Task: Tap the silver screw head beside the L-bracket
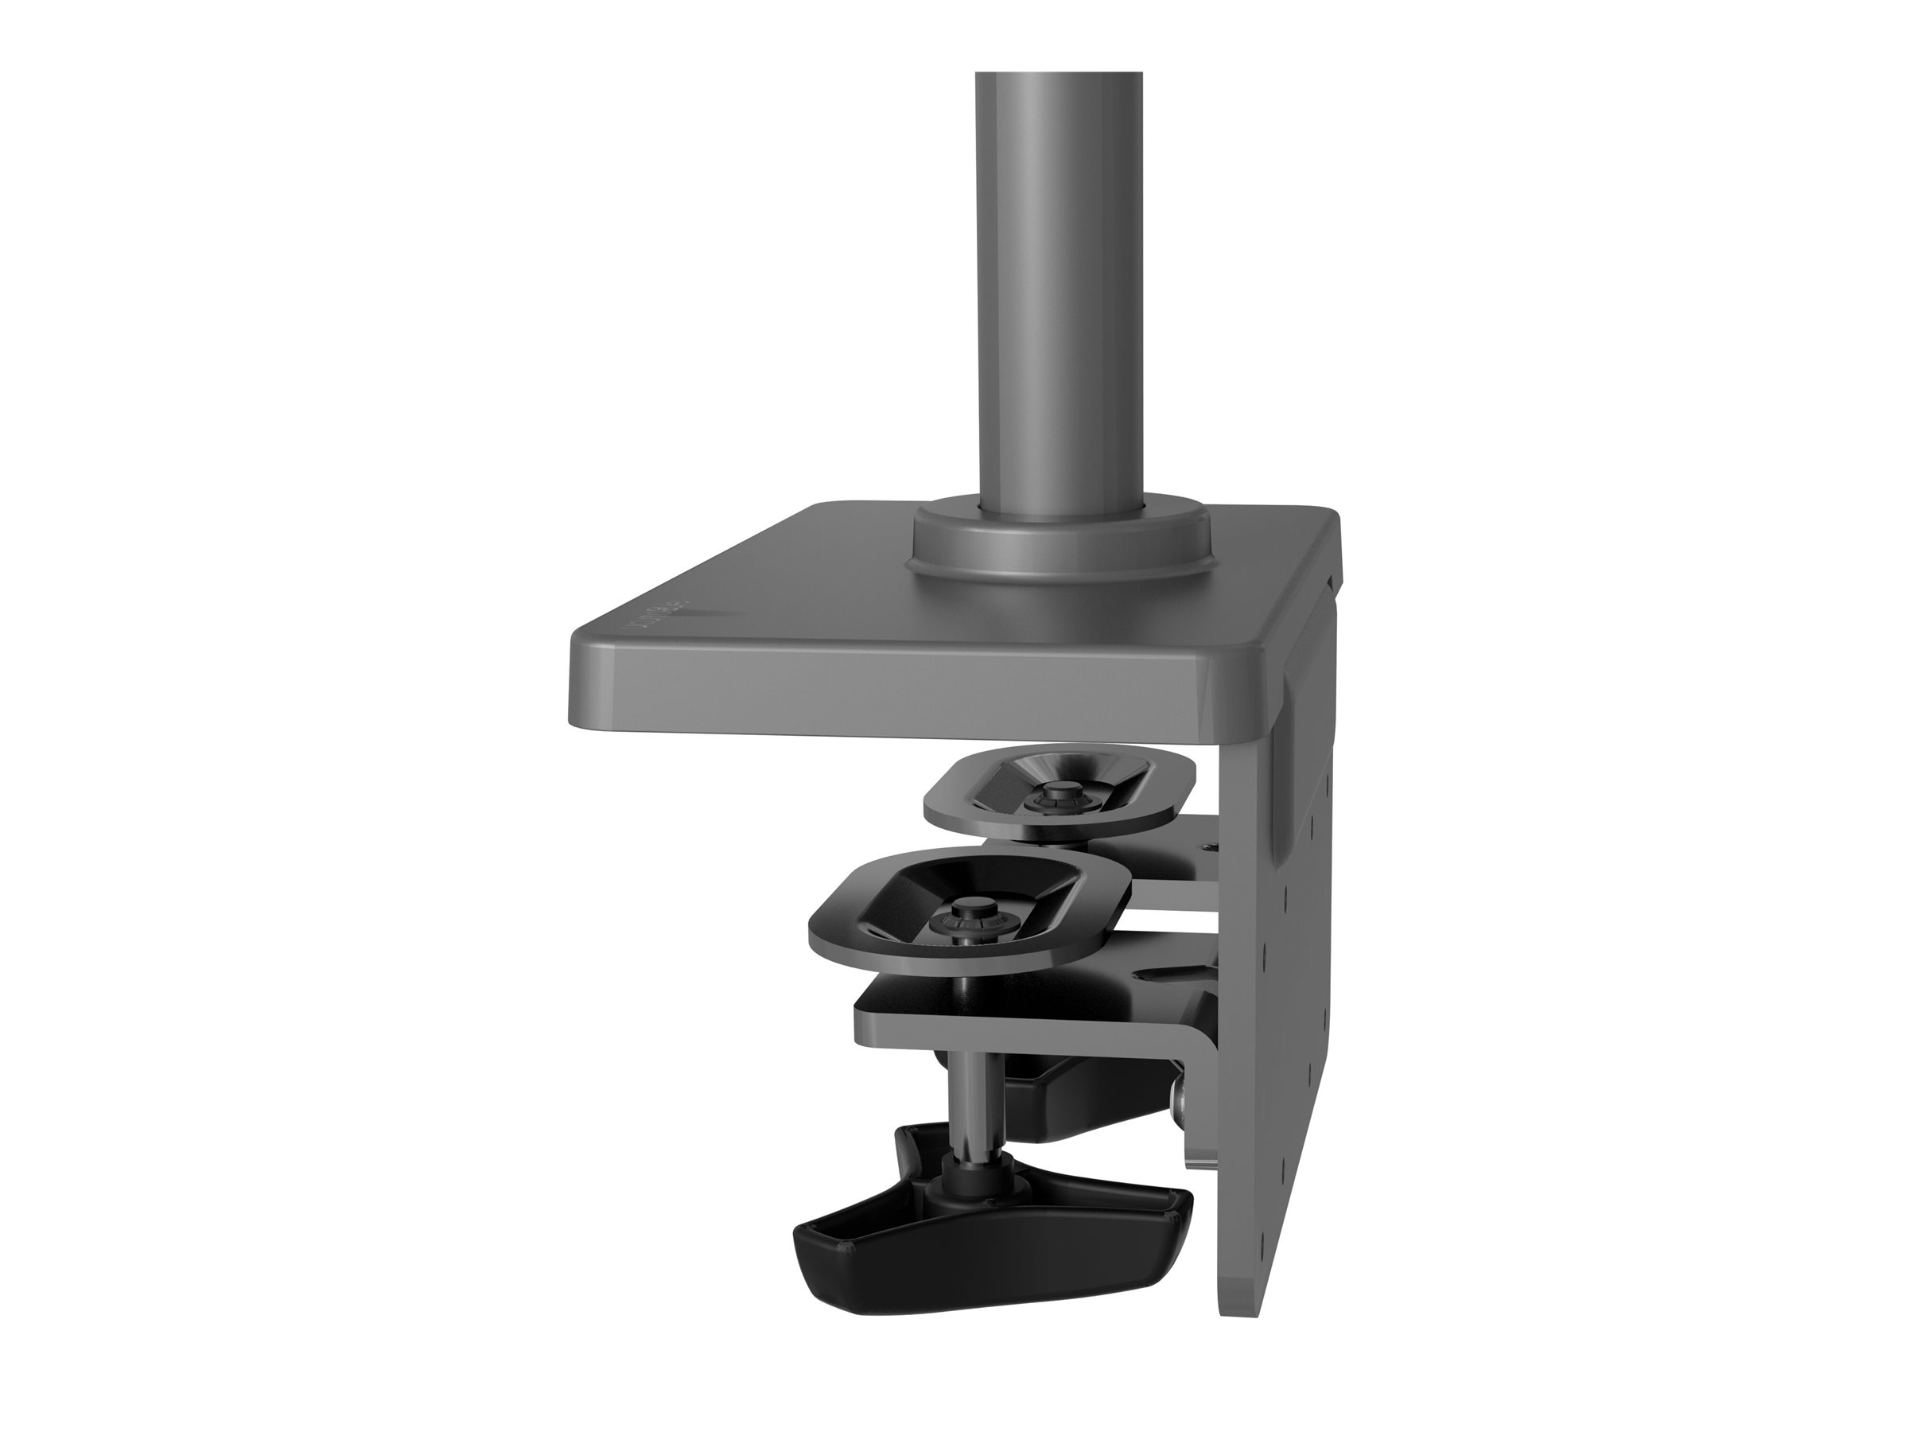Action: (1180, 1119)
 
